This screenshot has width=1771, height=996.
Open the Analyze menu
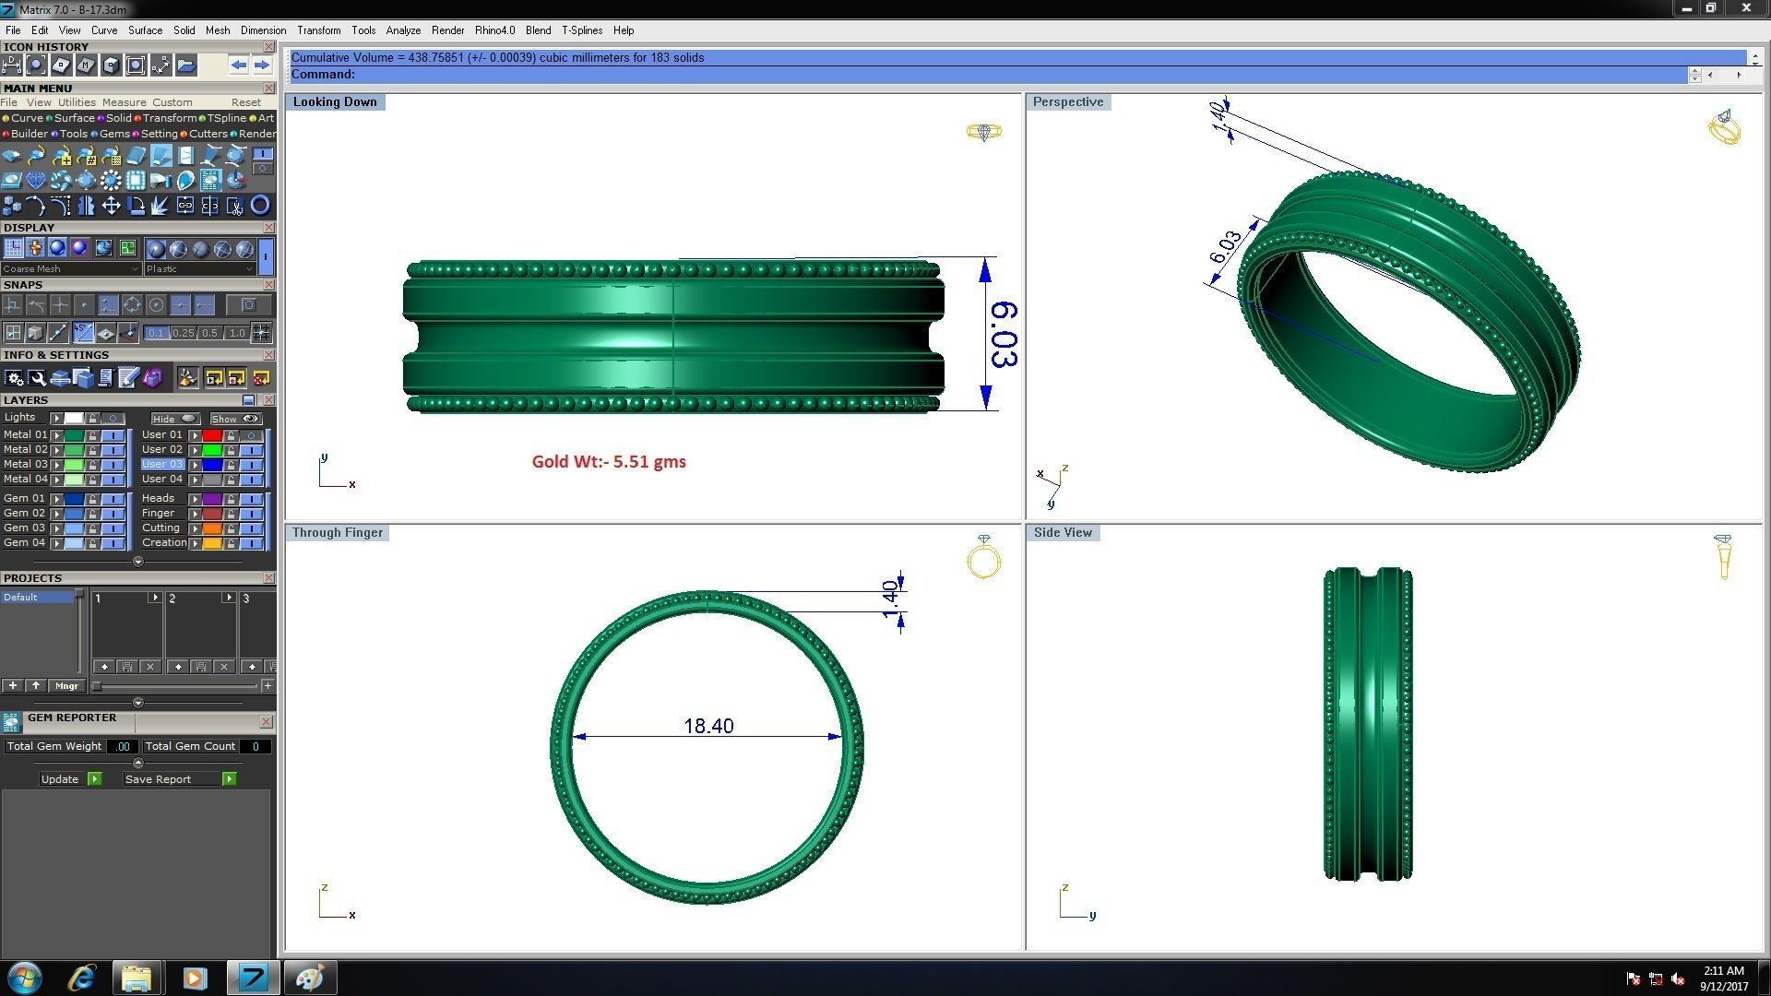pos(403,30)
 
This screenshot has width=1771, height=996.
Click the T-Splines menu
pos(582,30)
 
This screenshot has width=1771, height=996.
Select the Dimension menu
pos(263,30)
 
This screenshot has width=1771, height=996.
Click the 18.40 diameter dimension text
pos(708,727)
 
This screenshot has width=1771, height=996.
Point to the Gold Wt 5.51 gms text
pos(609,462)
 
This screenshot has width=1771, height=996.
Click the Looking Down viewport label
pos(335,102)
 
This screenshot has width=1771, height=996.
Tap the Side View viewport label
pos(1063,533)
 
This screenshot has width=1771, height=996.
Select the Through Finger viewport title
pos(338,533)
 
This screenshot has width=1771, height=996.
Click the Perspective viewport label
pos(1068,102)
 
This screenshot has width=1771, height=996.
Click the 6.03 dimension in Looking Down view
pos(1004,334)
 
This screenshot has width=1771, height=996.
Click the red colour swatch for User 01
pos(212,435)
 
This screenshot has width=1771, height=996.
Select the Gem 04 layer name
pos(24,543)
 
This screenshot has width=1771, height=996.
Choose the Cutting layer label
pos(160,528)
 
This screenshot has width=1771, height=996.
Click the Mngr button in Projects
pos(66,686)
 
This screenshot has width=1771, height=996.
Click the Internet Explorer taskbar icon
pos(82,978)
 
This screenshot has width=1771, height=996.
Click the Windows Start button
pos(25,978)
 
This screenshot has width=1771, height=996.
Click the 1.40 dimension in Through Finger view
pos(890,599)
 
